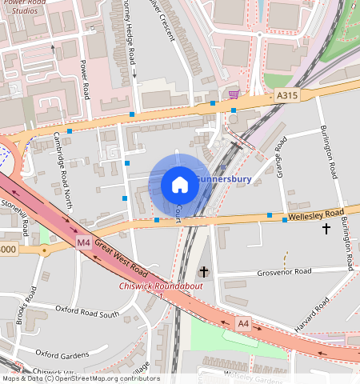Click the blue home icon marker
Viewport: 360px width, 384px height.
[x=180, y=185]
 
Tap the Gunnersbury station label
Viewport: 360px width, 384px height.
[x=224, y=179]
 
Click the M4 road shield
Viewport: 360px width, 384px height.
[x=84, y=242]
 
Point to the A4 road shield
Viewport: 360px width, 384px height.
[x=243, y=323]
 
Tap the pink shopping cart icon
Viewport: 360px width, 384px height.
[x=233, y=94]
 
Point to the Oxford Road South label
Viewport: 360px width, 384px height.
[x=86, y=311]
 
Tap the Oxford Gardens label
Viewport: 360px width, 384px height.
[x=59, y=354]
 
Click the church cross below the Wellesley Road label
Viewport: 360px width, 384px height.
[x=326, y=229]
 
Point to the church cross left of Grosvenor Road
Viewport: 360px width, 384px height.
[x=204, y=272]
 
